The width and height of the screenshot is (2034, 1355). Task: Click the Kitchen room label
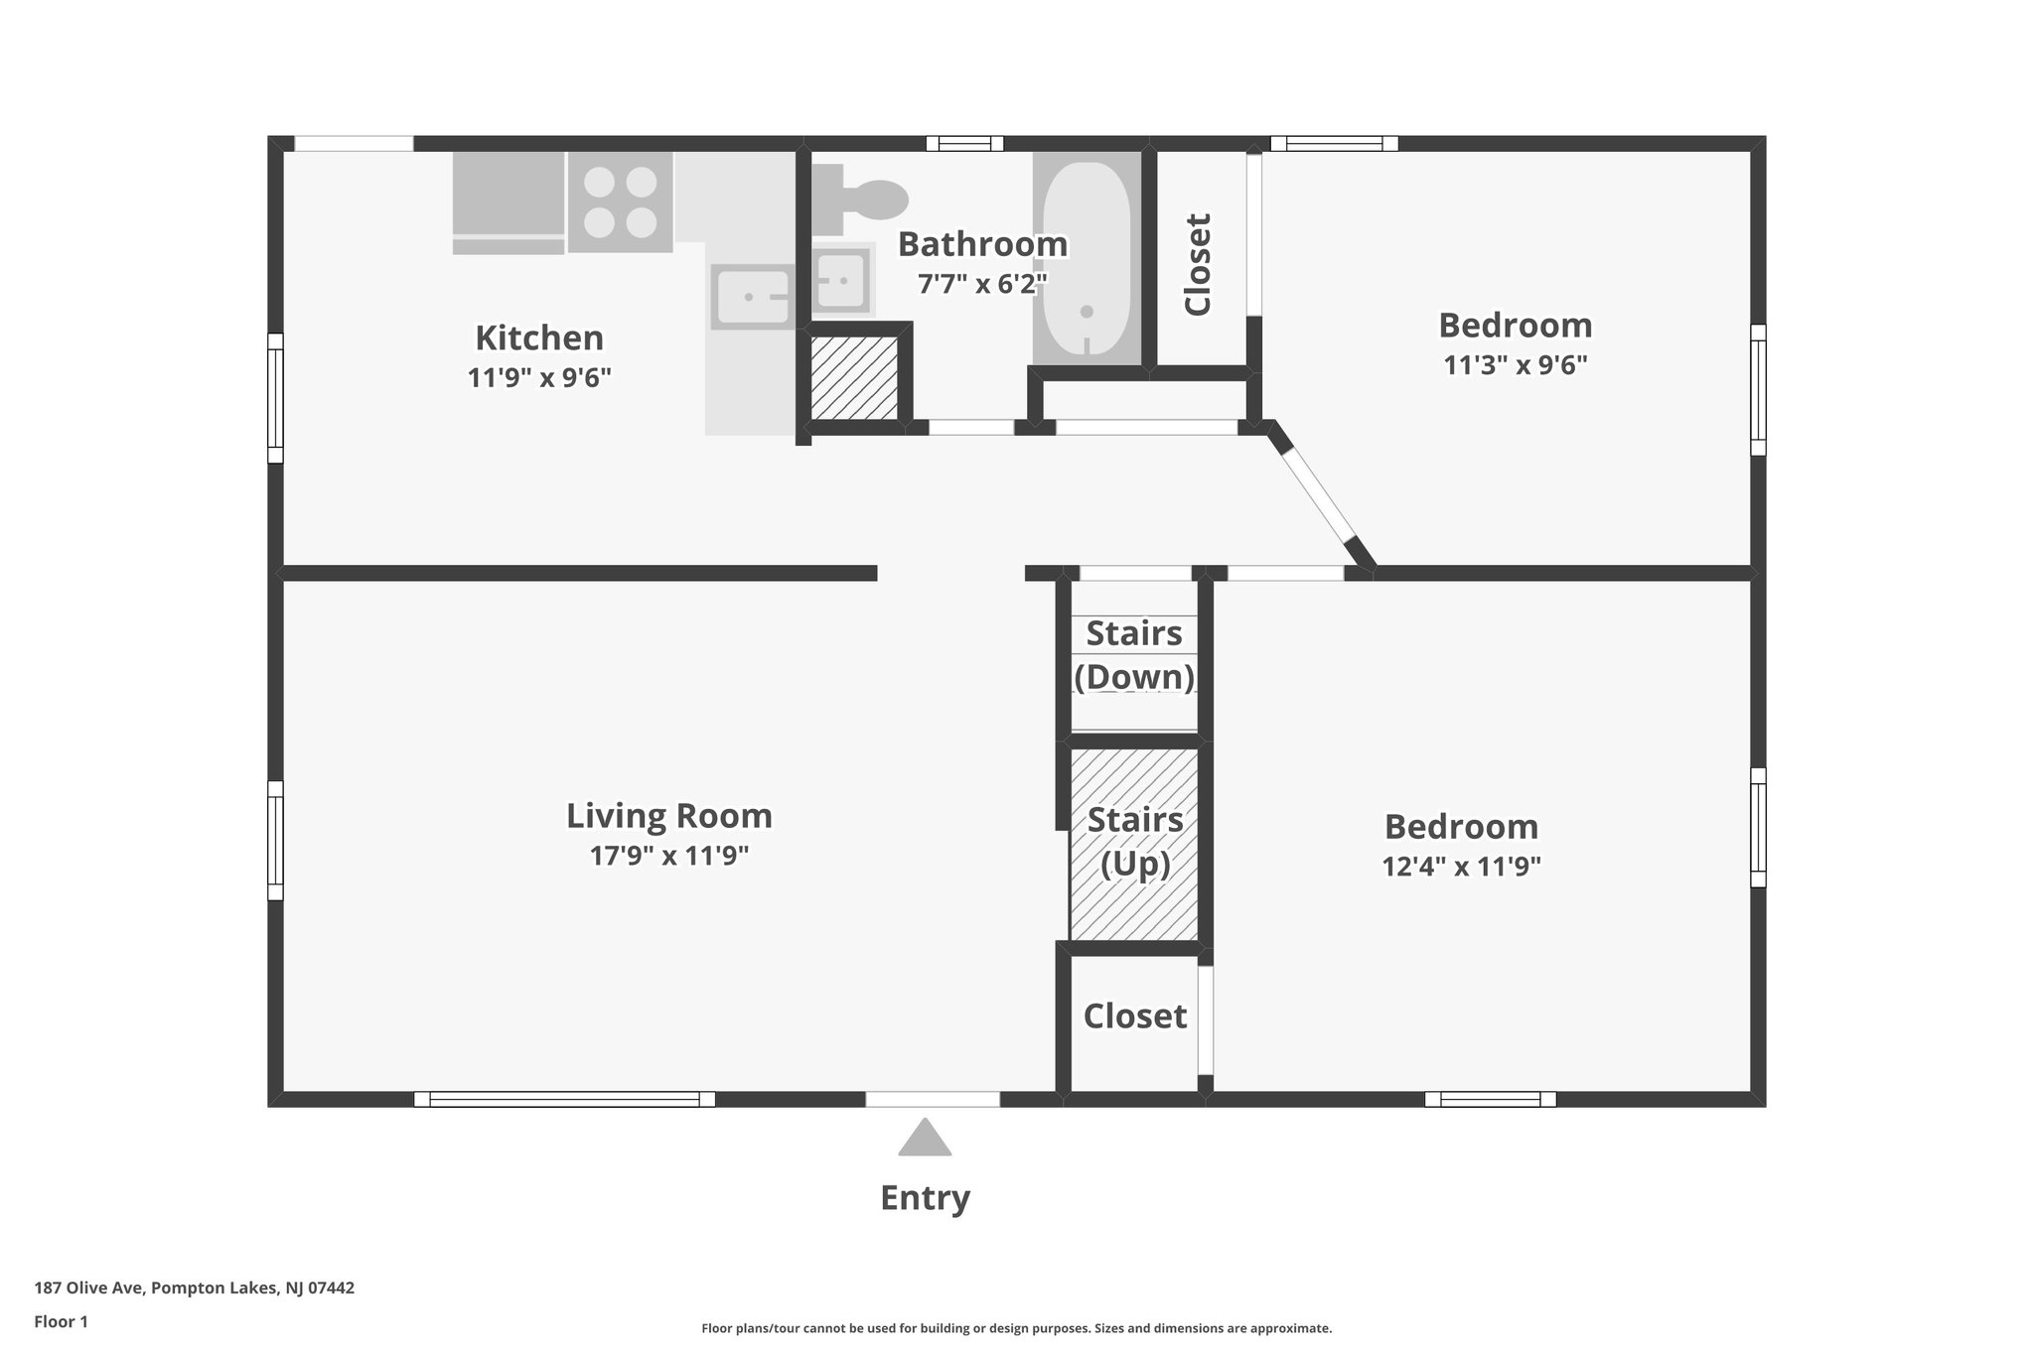click(x=539, y=339)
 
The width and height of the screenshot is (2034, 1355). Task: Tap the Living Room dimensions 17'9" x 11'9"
click(x=668, y=856)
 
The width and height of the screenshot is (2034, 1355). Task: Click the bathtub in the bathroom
click(x=1087, y=258)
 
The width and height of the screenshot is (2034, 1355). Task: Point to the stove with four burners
click(x=620, y=203)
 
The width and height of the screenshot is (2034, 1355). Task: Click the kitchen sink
click(x=752, y=296)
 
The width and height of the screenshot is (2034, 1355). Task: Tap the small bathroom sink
click(x=842, y=280)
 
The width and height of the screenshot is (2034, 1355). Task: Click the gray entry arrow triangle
click(x=925, y=1138)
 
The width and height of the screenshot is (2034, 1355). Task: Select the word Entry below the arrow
click(x=925, y=1198)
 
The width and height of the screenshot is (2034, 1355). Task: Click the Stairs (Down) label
click(x=1134, y=655)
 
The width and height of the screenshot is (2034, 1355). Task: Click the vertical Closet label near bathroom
click(x=1199, y=264)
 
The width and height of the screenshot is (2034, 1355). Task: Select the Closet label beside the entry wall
click(x=1134, y=1016)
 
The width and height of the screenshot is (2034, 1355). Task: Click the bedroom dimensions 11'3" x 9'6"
click(x=1515, y=365)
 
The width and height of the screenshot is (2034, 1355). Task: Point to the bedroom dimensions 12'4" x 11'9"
click(x=1461, y=867)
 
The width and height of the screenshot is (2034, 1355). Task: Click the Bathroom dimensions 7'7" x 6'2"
click(x=982, y=285)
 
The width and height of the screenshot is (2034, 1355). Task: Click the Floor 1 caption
click(x=61, y=1322)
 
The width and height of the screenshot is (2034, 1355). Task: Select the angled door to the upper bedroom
click(x=1318, y=496)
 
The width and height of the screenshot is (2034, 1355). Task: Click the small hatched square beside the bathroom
click(x=854, y=377)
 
